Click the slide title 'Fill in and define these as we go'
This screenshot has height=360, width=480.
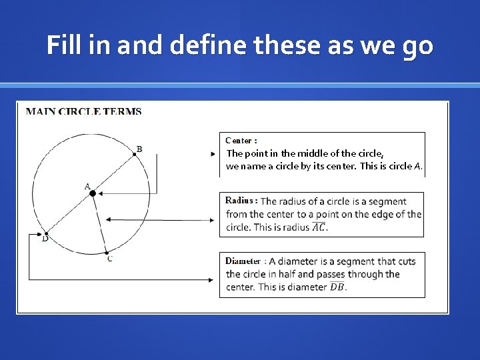tap(240, 45)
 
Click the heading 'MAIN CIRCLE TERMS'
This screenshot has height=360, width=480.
tap(83, 111)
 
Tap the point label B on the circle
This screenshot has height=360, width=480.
tap(139, 149)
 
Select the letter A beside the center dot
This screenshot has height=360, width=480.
tap(87, 187)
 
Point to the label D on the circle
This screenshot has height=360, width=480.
tap(45, 239)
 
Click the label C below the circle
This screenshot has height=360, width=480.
tap(110, 259)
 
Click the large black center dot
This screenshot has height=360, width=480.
tap(93, 193)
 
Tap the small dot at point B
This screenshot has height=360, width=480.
tap(134, 153)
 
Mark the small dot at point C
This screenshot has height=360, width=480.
tap(105, 252)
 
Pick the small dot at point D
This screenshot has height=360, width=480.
tap(46, 233)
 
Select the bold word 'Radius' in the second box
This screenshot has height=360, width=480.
tap(239, 201)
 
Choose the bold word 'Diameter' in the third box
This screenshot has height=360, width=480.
tap(243, 261)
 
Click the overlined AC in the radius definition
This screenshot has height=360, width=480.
tap(319, 227)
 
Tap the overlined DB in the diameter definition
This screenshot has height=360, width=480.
tap(338, 287)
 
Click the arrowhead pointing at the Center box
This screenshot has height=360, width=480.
tap(213, 153)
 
